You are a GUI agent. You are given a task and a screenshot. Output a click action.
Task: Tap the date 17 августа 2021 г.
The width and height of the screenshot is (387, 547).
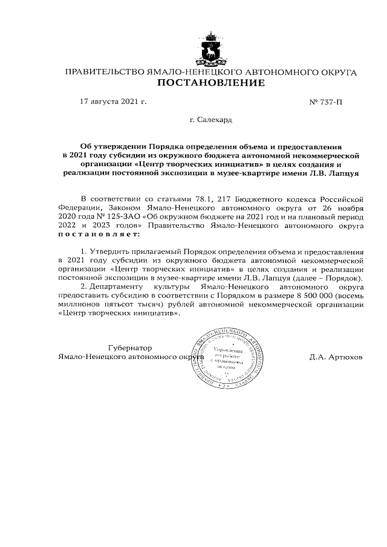pos(113,102)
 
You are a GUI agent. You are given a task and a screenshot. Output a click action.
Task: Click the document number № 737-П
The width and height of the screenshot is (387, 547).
pos(325,102)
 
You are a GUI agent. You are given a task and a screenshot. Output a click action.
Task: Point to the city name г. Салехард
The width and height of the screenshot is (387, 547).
pos(210,120)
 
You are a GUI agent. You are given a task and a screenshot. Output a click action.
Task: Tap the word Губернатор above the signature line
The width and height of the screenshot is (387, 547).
pos(130,348)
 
